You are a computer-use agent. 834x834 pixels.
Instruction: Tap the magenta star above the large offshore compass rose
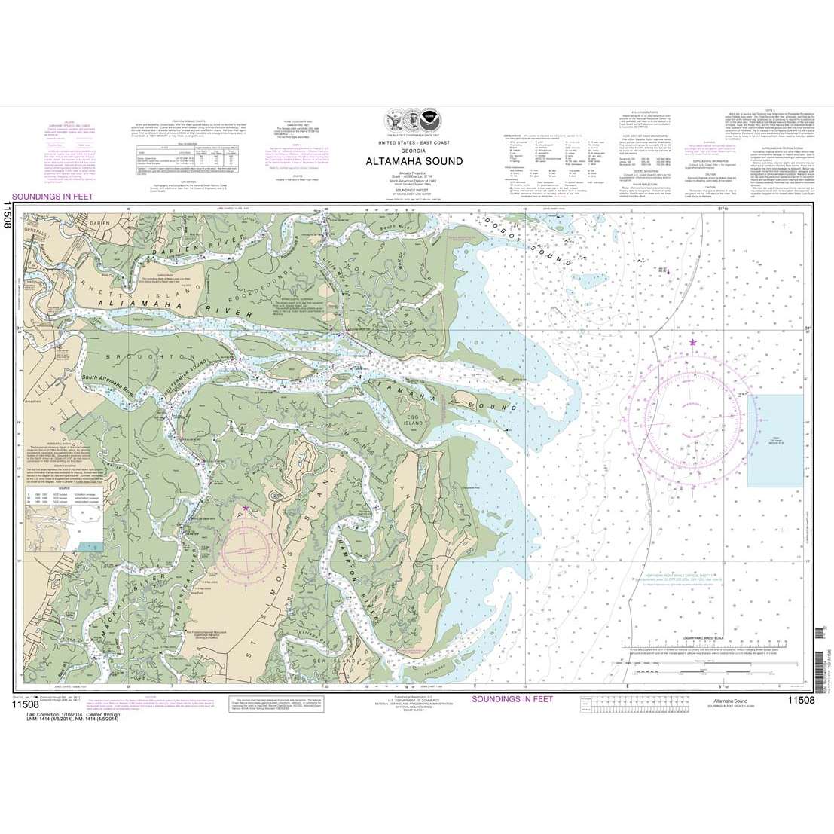tap(693, 343)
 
